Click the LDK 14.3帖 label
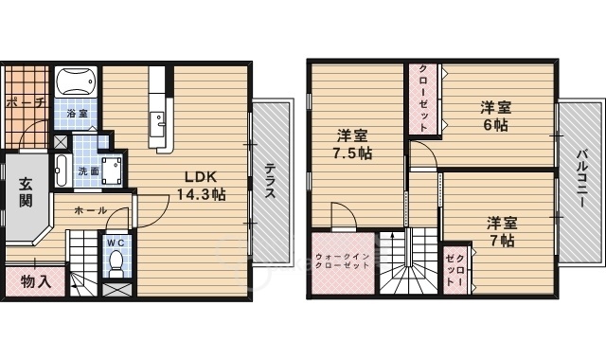201,186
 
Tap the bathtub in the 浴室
76,81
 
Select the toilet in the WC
116,264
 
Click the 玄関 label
26,192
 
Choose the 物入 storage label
36,281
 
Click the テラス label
269,181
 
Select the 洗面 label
88,171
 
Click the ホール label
90,210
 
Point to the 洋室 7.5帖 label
352,145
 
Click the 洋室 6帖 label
496,116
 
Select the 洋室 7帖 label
502,232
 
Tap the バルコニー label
582,179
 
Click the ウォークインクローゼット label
343,261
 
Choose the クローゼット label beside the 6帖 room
423,99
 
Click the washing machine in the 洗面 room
112,171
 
